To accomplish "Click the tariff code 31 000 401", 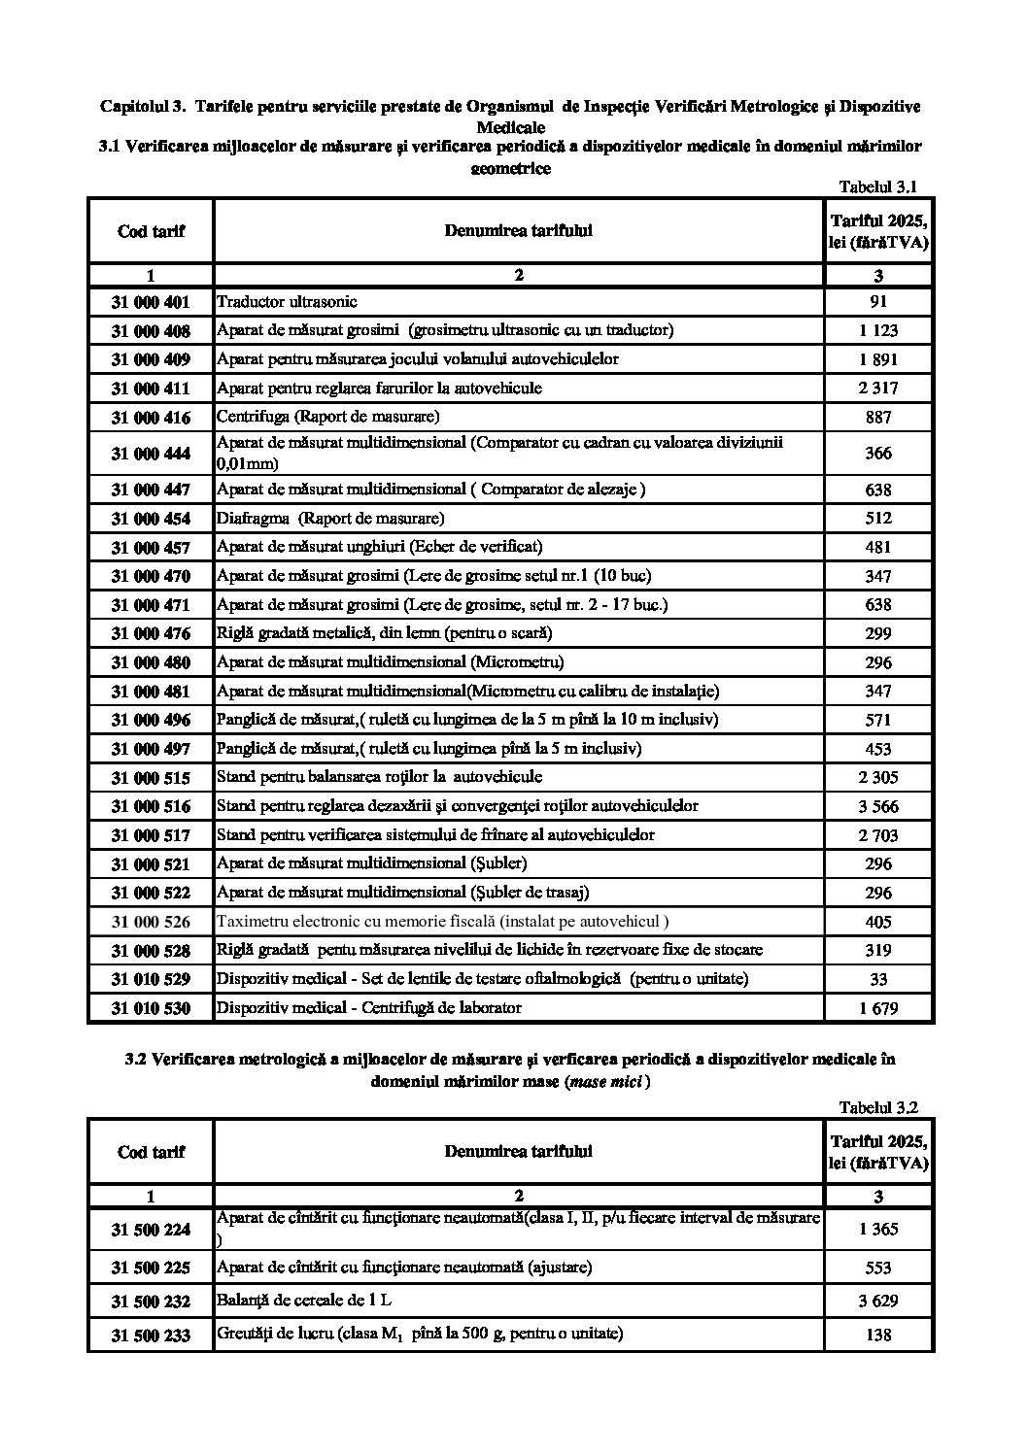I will (151, 302).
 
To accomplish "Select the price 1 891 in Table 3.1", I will (878, 359).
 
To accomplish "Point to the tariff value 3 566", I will (878, 806).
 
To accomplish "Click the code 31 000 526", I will (151, 922).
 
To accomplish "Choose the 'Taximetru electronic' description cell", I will (442, 921).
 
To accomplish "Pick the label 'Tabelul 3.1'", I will (877, 187).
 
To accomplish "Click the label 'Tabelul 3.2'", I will (877, 1107).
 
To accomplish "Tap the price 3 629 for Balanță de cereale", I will (878, 1302).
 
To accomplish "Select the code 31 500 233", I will (151, 1336).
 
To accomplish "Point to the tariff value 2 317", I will (878, 389).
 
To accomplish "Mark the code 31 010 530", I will (151, 1008).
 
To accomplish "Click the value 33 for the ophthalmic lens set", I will (878, 979).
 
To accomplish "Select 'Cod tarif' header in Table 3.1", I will (151, 231).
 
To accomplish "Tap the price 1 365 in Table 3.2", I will (878, 1229).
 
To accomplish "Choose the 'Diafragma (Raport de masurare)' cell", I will (330, 518).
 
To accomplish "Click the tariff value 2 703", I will (878, 835).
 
